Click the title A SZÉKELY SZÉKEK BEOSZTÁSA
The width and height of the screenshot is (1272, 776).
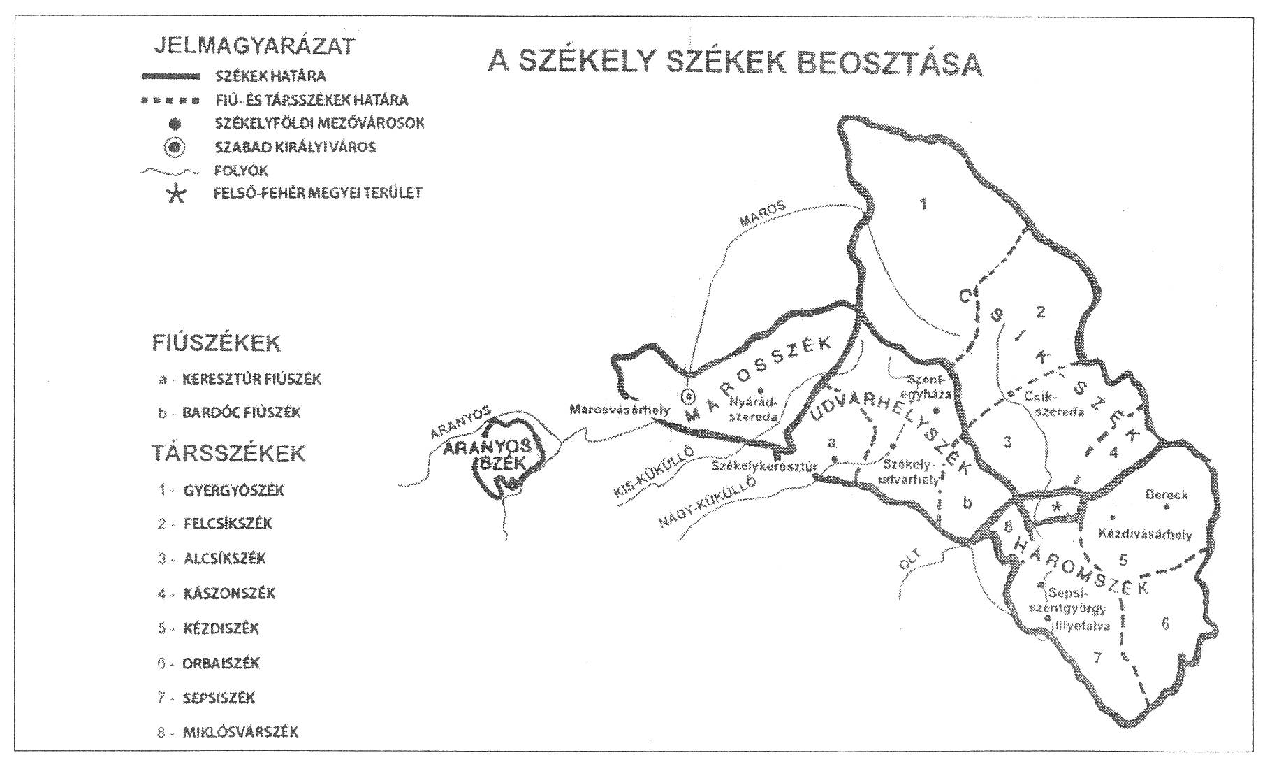(735, 62)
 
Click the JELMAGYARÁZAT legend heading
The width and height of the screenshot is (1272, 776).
(254, 46)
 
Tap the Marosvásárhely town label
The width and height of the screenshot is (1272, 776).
(620, 409)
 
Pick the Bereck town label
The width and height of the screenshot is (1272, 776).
(1166, 495)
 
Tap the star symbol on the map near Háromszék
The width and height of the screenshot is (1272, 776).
(1058, 507)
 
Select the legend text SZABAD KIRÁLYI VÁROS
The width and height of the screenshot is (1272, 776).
(295, 147)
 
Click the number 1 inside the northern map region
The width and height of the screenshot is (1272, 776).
(924, 204)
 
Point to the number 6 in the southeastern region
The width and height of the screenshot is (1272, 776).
(1165, 623)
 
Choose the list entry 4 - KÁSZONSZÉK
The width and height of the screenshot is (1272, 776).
(217, 594)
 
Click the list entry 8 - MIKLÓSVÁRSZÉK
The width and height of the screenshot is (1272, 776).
(228, 732)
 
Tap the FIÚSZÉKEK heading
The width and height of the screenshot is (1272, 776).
(216, 343)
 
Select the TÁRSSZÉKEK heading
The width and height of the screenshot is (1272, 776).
(228, 453)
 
